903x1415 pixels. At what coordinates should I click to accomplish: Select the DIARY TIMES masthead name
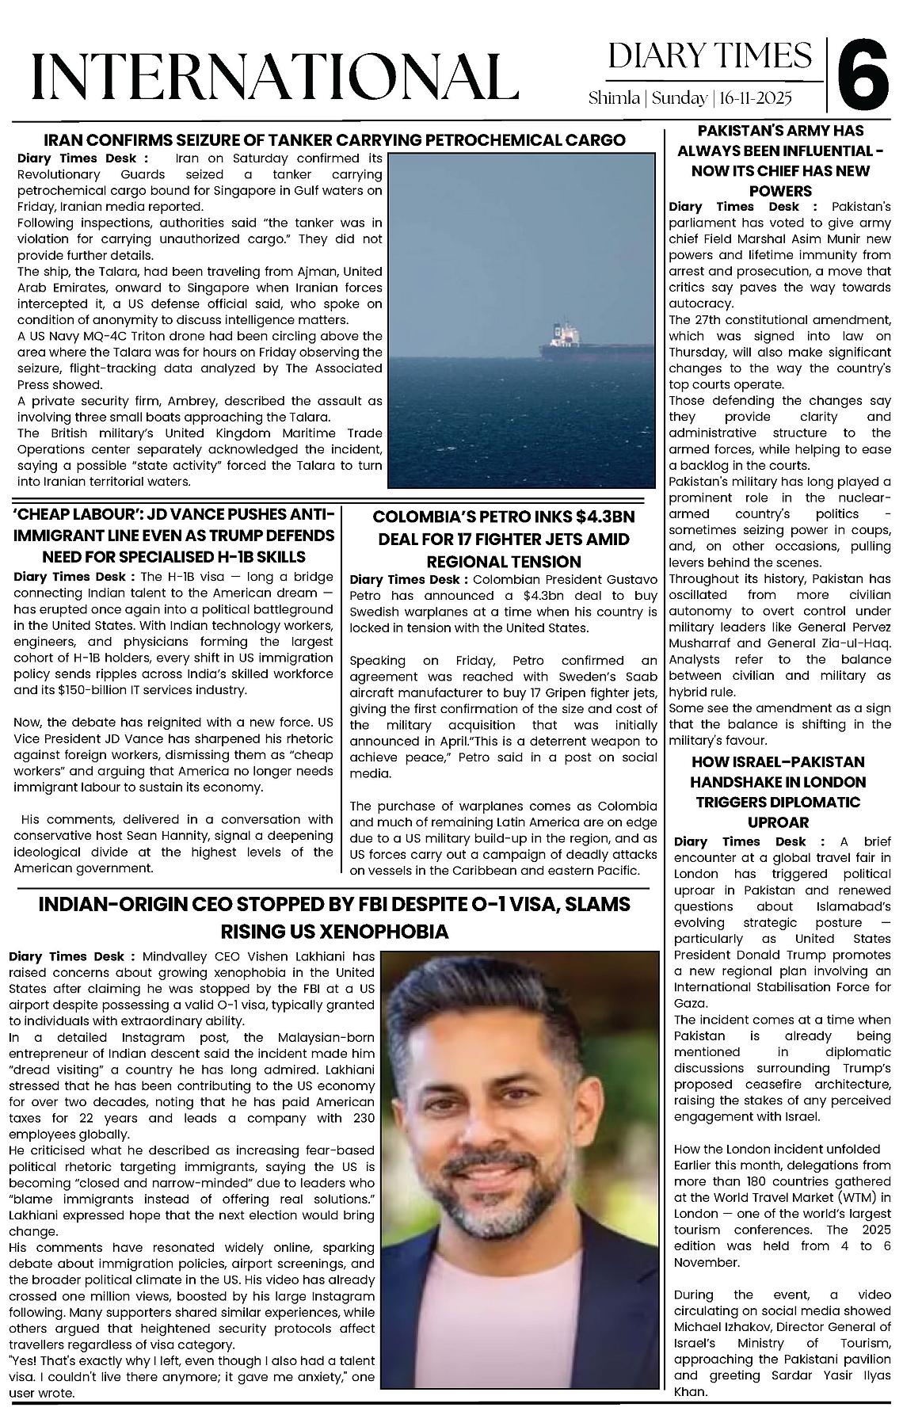711,57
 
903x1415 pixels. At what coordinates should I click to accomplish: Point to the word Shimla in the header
614,98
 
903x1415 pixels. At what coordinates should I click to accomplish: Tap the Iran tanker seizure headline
333,140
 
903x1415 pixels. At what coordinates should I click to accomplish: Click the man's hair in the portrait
507,1006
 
